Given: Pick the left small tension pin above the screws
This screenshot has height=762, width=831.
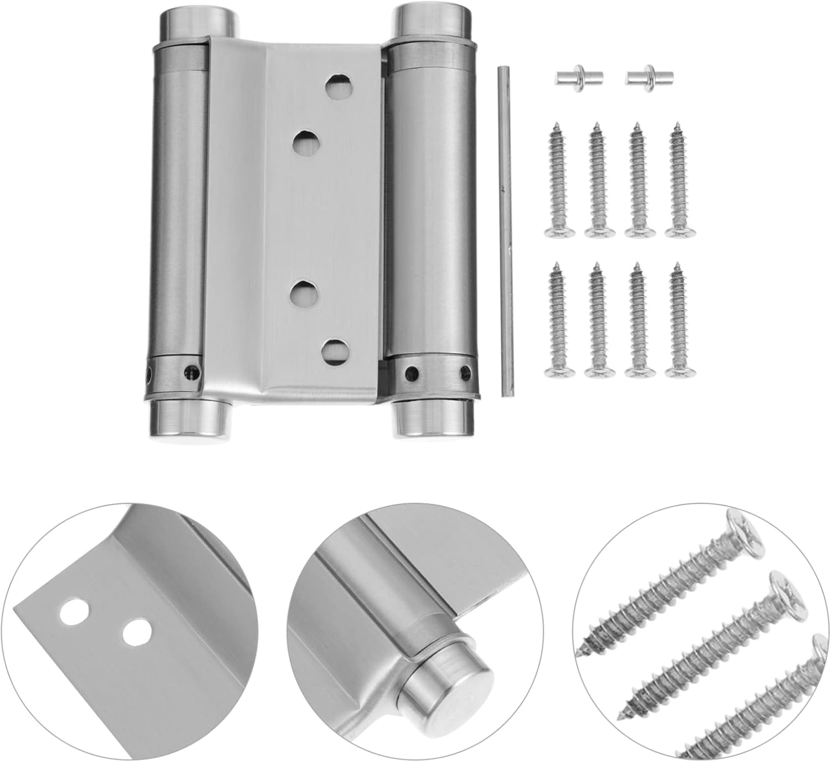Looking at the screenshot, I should (573, 77).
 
